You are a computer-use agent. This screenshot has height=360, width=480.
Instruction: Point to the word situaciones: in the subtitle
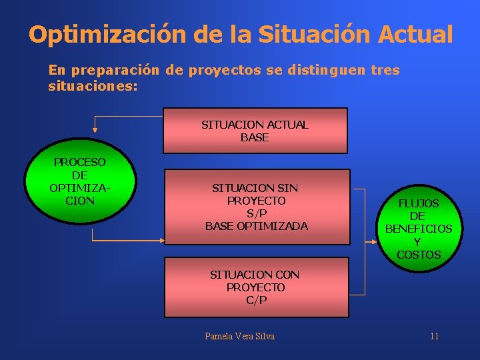93,87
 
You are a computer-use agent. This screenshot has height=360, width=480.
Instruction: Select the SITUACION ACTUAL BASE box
255,131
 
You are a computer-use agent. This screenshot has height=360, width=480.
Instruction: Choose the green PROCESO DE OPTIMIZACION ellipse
80,183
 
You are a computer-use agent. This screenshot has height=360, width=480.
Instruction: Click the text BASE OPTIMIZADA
257,226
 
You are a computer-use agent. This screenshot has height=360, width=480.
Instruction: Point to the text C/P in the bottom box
256,300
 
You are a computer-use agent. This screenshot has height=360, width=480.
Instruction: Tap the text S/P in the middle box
257,213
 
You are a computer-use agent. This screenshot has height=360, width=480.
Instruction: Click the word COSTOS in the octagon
419,255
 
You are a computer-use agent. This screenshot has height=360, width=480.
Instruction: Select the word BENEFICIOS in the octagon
419,229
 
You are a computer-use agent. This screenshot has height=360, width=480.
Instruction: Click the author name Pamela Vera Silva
239,336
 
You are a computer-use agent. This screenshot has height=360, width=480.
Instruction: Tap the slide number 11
434,336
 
